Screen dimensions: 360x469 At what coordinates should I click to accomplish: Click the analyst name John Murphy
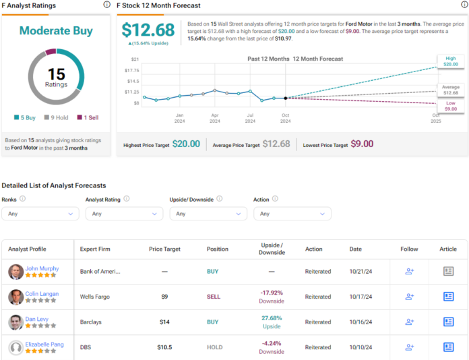42,268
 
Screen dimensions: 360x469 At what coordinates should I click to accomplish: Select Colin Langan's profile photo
16,297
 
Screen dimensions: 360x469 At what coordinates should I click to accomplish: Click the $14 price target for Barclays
164,322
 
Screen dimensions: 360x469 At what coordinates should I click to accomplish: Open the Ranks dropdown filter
40,214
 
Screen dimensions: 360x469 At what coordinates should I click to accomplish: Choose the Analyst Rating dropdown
124,214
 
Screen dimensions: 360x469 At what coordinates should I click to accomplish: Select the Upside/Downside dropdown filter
208,214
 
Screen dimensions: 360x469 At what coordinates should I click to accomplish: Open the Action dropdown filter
292,214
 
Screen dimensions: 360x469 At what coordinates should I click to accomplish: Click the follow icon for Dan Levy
409,322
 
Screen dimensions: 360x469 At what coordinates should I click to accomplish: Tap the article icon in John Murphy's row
448,272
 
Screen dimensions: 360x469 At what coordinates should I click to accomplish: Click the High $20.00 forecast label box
450,61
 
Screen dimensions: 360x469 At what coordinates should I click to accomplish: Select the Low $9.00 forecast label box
450,106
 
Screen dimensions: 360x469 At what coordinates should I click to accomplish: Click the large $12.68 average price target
148,30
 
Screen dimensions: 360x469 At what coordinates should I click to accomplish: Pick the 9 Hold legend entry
55,117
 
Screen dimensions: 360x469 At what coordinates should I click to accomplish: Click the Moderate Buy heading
56,30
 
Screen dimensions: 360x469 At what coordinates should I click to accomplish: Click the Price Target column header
164,249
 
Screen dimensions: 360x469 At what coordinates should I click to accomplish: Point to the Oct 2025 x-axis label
436,119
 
